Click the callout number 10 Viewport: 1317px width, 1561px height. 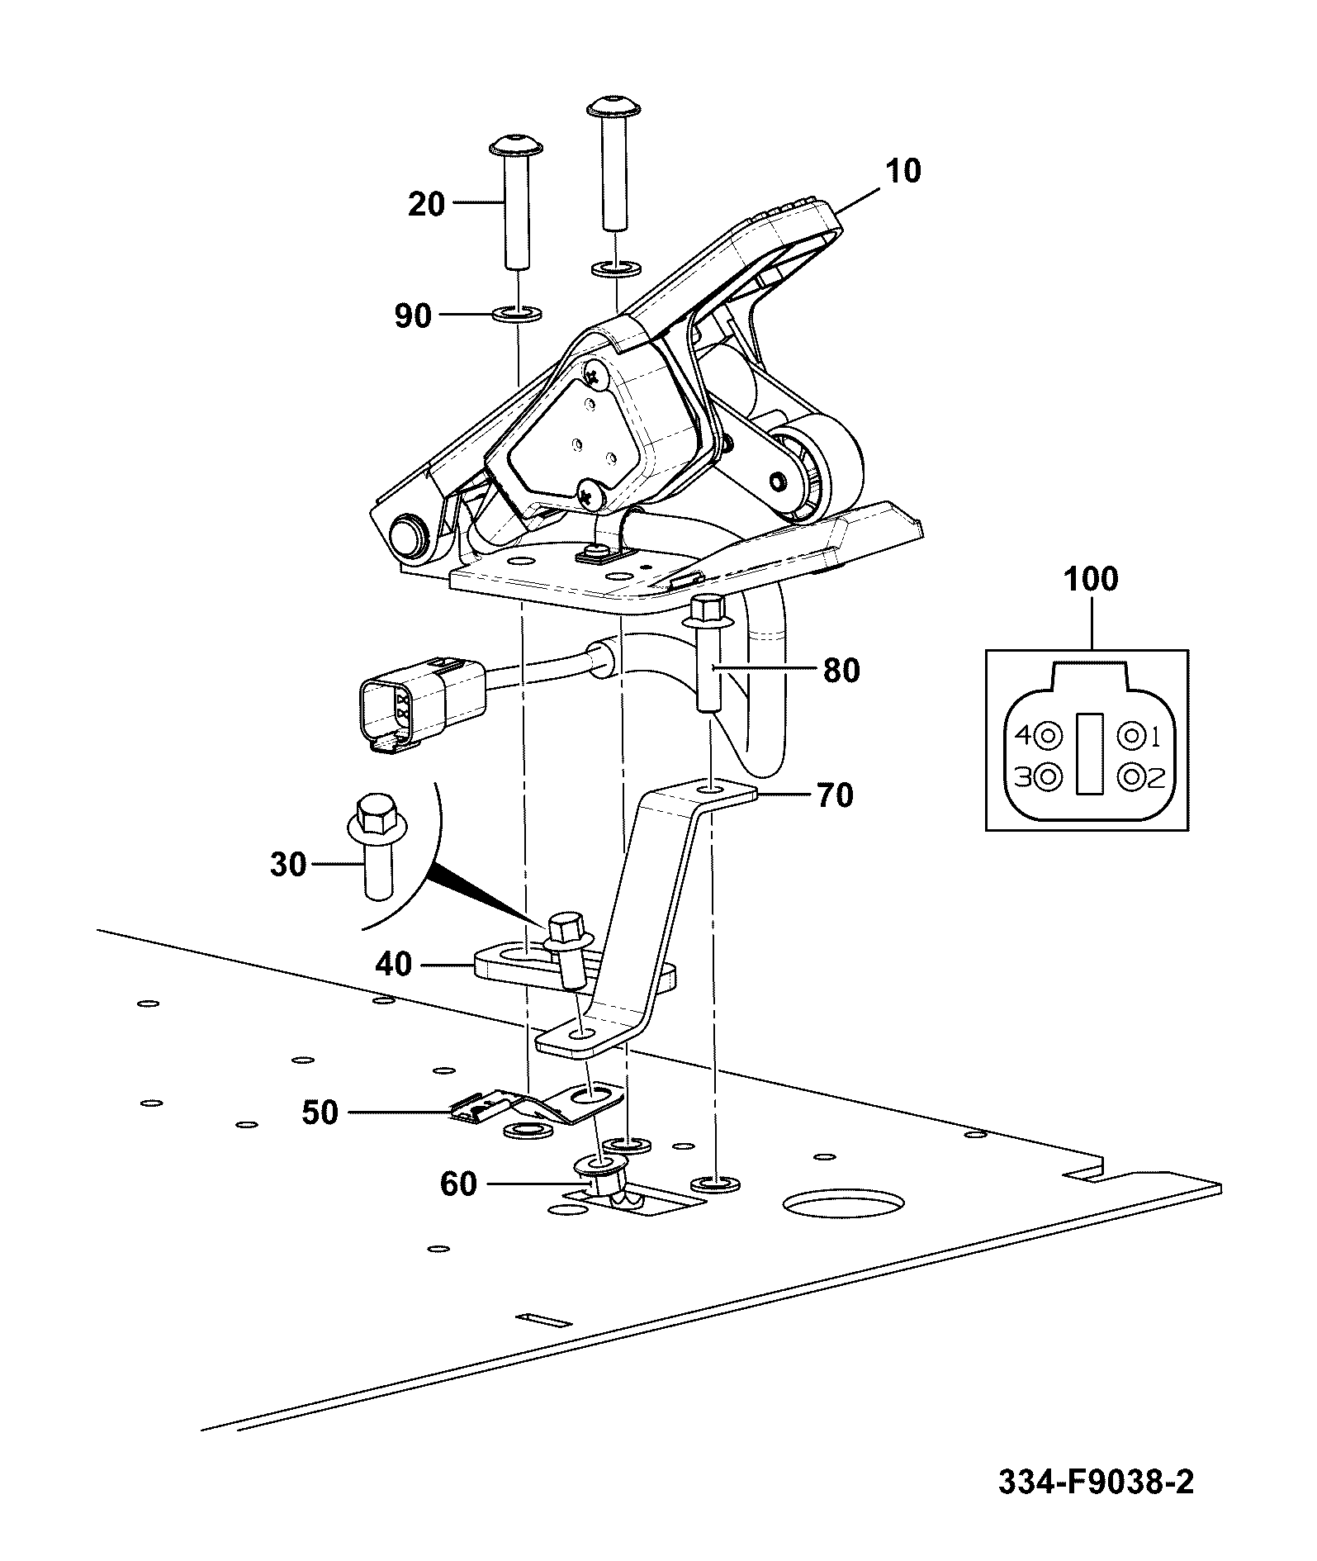(903, 171)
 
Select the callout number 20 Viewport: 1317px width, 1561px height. (426, 204)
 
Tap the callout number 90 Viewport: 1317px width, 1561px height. (413, 316)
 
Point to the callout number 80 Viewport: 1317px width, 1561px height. (841, 671)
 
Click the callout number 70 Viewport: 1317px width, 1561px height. (834, 795)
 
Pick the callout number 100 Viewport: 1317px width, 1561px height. (1091, 579)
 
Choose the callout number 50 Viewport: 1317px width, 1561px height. (320, 1113)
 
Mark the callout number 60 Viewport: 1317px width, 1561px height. (458, 1184)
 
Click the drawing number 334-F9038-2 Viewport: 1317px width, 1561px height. (1096, 1482)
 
